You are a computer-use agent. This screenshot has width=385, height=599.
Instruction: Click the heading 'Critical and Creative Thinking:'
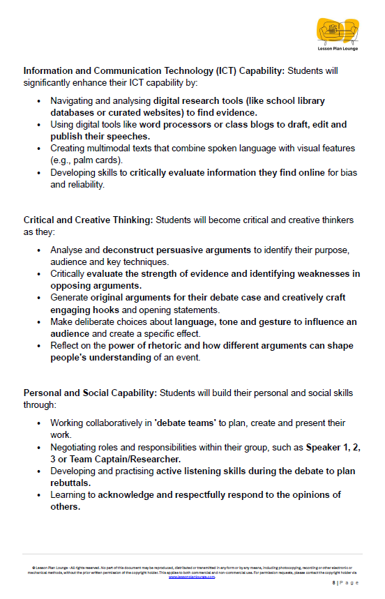point(88,220)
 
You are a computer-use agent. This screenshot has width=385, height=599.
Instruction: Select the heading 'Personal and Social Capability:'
point(91,393)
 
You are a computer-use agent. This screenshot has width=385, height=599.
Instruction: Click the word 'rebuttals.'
point(70,483)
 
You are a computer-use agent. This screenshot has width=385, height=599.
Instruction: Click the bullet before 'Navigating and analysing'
point(38,100)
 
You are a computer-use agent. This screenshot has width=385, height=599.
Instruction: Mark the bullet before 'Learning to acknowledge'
point(38,495)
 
